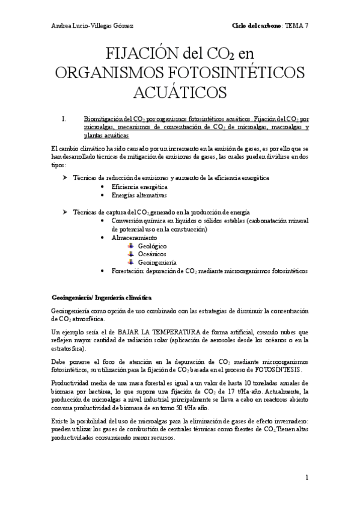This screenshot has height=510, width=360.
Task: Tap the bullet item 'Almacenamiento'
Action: click(x=133, y=238)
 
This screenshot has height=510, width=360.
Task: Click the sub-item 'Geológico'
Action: click(x=152, y=246)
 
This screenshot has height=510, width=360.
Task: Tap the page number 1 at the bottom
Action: click(x=306, y=478)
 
